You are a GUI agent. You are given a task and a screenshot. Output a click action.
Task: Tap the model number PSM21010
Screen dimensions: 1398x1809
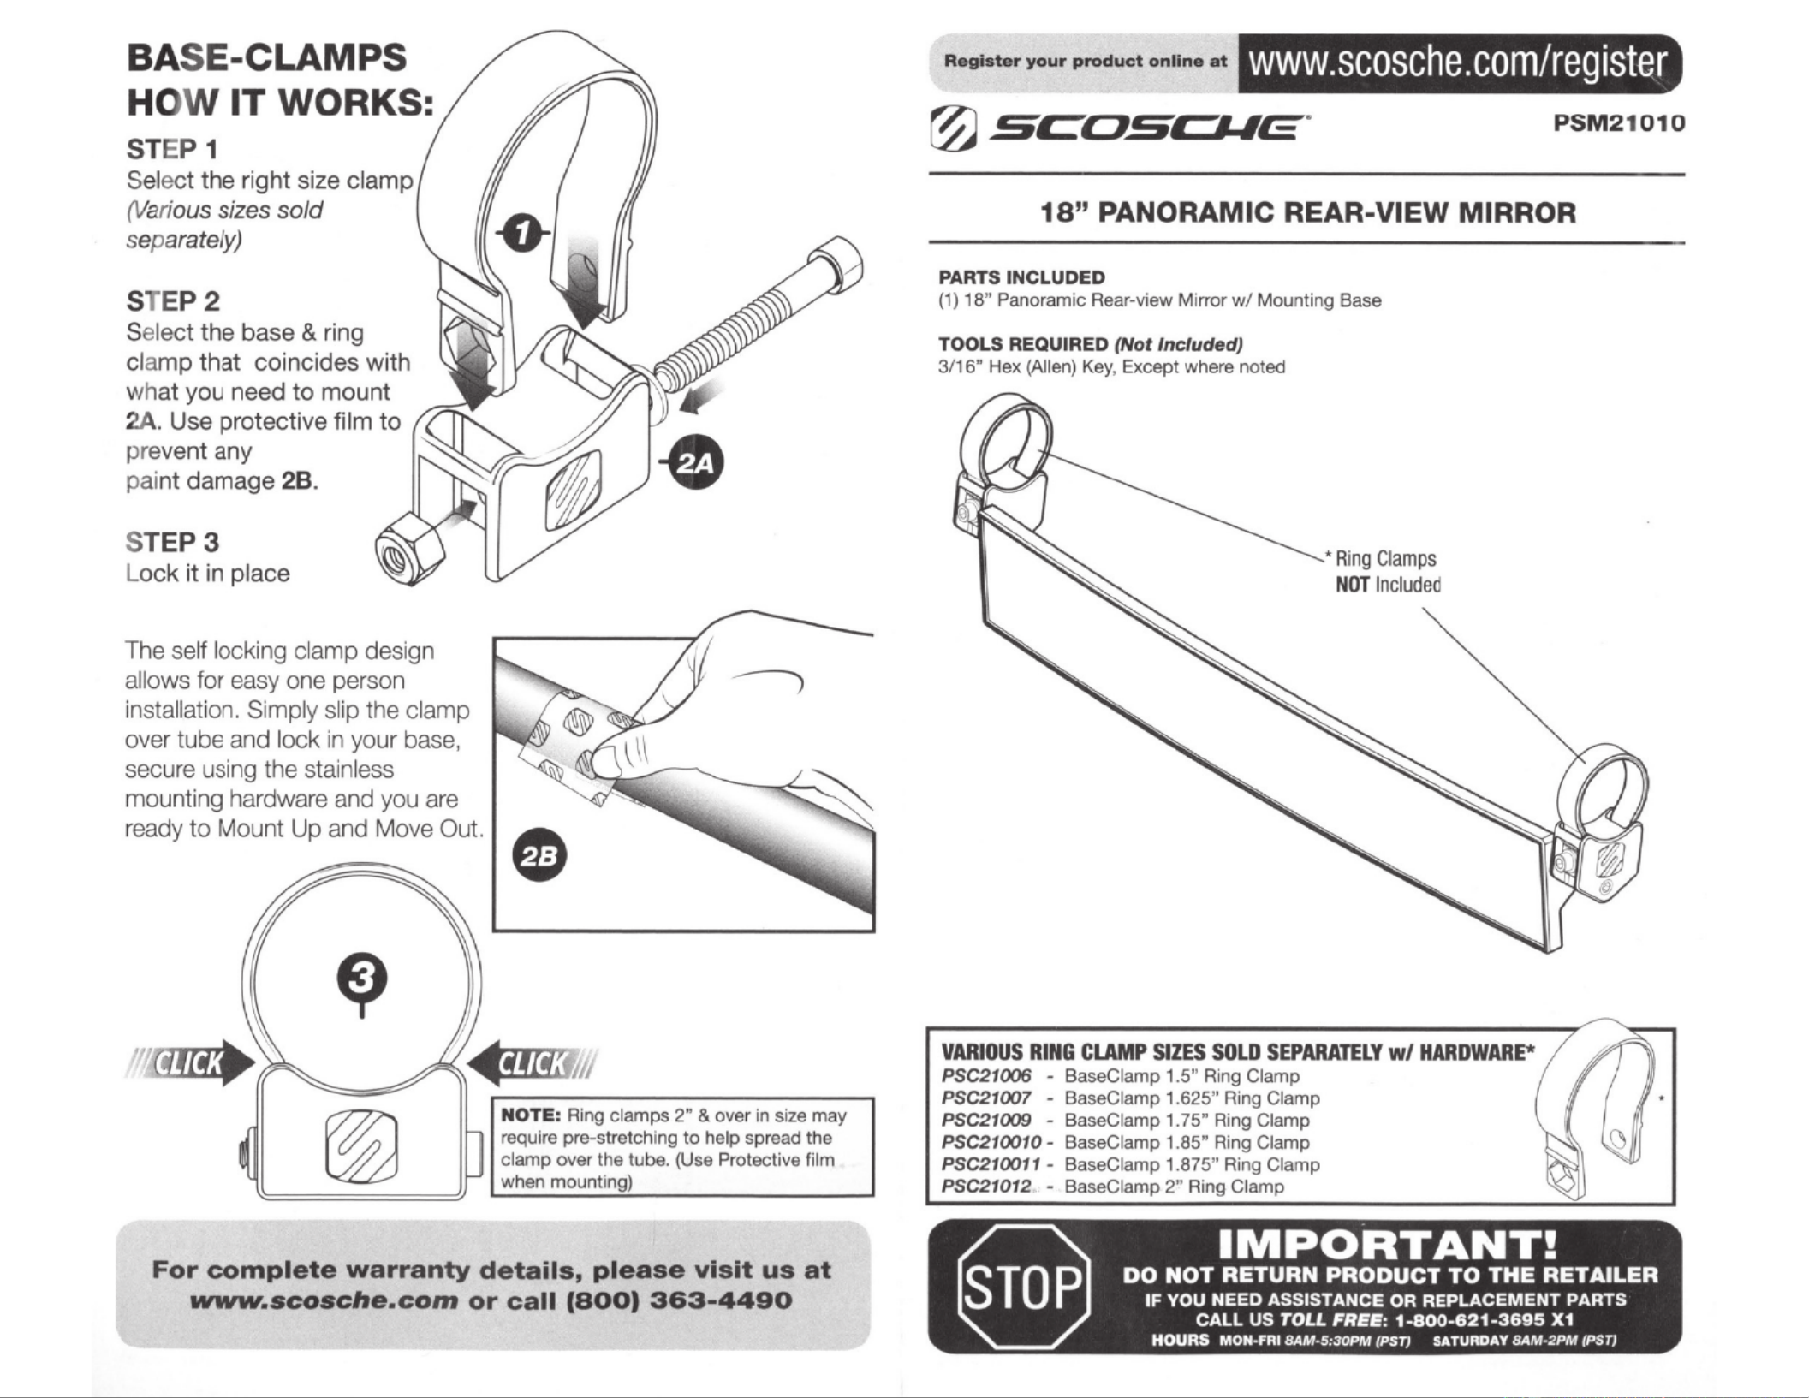pos(1619,123)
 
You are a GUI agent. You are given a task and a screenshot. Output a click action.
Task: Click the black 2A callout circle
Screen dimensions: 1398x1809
pos(696,463)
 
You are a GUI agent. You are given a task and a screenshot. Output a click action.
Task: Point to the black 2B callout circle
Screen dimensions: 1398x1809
pos(538,856)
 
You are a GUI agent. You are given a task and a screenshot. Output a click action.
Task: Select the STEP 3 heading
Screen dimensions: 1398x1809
pos(173,542)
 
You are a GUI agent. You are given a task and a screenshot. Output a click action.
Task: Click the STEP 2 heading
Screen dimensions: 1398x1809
pos(174,301)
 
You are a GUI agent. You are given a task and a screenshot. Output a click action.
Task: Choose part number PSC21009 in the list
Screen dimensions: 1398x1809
pos(986,1121)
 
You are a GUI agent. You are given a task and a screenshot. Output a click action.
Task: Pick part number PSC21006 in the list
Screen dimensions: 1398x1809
pos(986,1076)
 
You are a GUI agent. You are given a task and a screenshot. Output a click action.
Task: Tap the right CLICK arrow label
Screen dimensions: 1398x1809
pos(533,1063)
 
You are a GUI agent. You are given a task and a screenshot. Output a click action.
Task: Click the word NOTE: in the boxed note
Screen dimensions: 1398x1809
pos(530,1115)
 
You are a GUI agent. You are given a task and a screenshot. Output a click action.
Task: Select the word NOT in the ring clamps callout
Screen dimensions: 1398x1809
pos(1353,585)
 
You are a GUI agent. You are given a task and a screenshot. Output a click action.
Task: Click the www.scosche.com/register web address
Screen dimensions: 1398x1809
pos(1457,62)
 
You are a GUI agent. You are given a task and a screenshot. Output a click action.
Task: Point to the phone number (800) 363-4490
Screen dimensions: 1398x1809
pos(680,1300)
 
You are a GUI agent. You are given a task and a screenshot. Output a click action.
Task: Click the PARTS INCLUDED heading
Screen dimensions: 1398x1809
pos(1021,277)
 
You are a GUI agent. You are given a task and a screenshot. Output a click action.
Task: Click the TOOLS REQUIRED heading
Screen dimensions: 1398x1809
pos(1023,344)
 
